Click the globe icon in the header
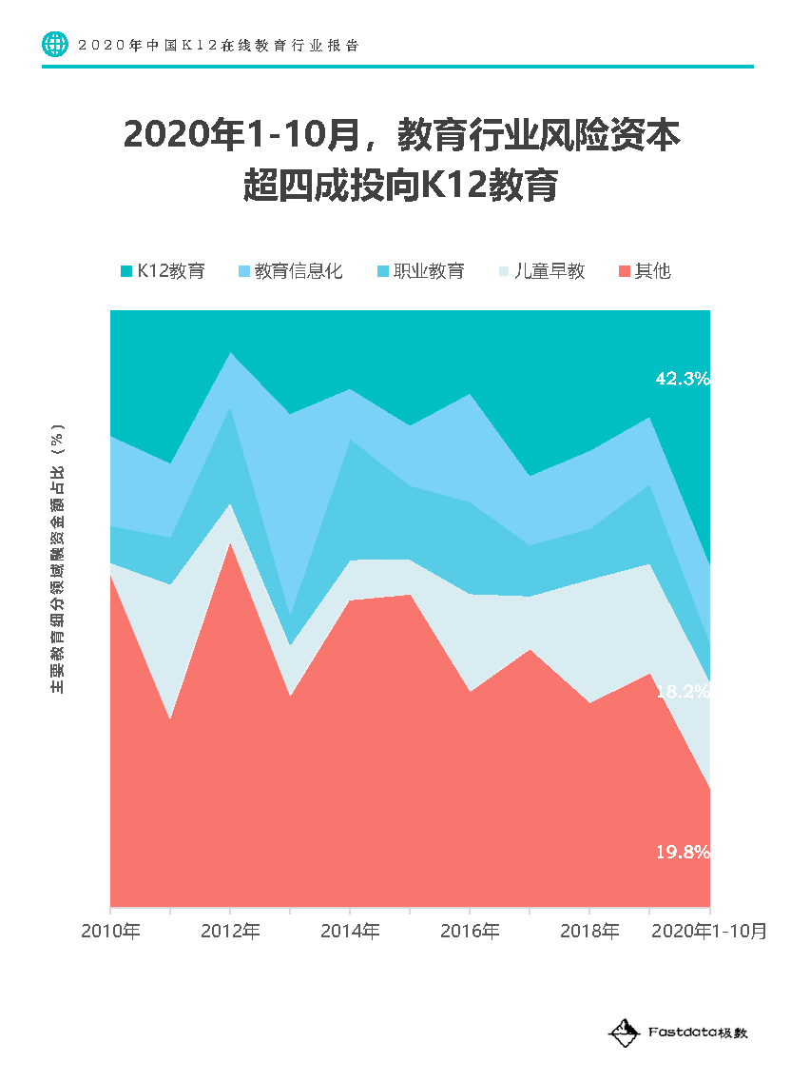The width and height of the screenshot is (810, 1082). (x=56, y=45)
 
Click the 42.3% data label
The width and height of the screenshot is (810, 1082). (x=682, y=379)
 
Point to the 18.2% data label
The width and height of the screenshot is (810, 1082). (x=682, y=692)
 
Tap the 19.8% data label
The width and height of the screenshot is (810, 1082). (x=682, y=852)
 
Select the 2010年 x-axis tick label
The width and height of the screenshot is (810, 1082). (x=110, y=931)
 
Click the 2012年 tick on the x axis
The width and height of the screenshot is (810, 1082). (x=230, y=931)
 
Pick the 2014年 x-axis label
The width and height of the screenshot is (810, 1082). (x=350, y=931)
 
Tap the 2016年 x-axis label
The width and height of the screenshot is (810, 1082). (x=470, y=931)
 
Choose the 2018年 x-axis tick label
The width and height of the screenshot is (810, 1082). (x=589, y=931)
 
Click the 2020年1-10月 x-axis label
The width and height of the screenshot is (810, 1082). (x=708, y=931)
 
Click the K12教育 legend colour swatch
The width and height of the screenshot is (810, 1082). (x=126, y=271)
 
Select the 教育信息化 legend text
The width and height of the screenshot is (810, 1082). (x=299, y=271)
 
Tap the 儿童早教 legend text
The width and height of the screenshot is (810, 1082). (x=550, y=271)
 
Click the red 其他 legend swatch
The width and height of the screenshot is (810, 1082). (x=625, y=271)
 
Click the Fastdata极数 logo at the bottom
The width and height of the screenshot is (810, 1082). (x=678, y=1032)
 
